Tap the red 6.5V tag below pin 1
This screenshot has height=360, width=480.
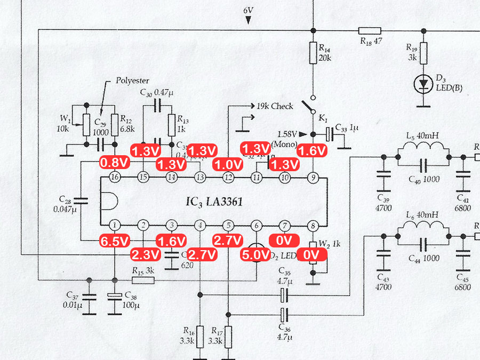click(115, 241)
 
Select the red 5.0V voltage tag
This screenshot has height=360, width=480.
click(257, 255)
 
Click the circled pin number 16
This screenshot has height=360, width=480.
click(114, 177)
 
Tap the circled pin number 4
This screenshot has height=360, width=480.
click(199, 225)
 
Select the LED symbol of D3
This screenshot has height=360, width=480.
click(424, 84)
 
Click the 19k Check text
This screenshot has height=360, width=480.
click(275, 106)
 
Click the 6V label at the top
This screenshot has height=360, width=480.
click(249, 11)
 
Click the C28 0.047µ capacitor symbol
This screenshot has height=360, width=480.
click(80, 201)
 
